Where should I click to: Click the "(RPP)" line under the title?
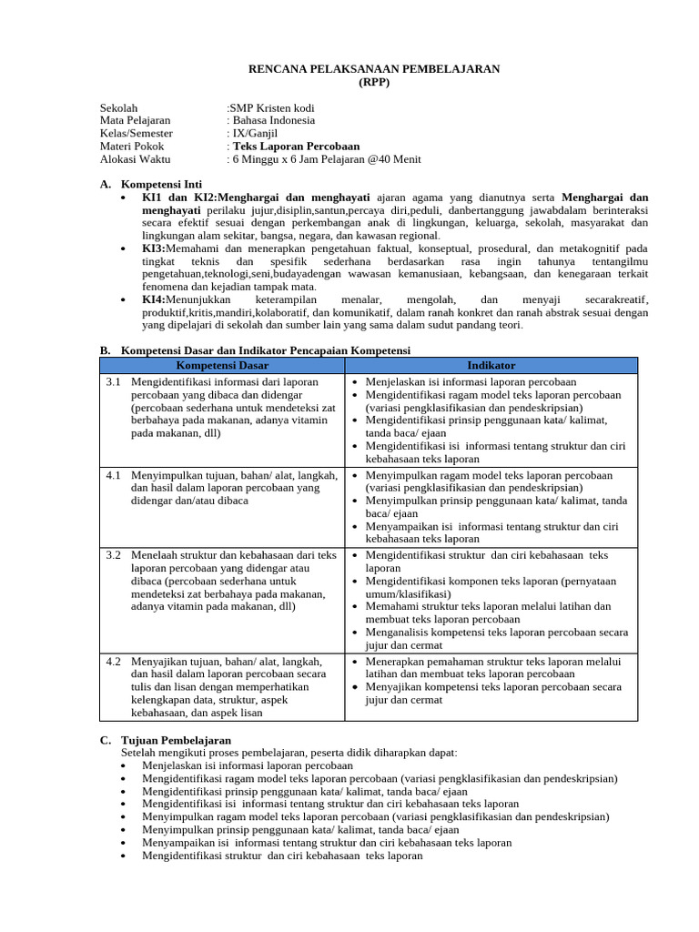pos(374,81)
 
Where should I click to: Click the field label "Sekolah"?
pos(119,107)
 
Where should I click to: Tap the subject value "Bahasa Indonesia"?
pos(274,120)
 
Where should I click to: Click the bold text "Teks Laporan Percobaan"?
pos(296,146)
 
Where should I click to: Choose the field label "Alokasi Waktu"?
pos(136,158)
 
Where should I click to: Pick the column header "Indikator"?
pos(491,365)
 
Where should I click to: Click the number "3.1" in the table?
pos(114,382)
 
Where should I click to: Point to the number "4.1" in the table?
pos(114,475)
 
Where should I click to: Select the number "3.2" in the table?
pos(114,554)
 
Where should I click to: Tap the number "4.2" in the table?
pos(114,662)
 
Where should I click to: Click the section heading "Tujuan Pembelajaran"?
pos(176,740)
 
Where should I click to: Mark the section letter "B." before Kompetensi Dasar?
pos(105,349)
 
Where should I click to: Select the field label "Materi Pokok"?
pos(133,146)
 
